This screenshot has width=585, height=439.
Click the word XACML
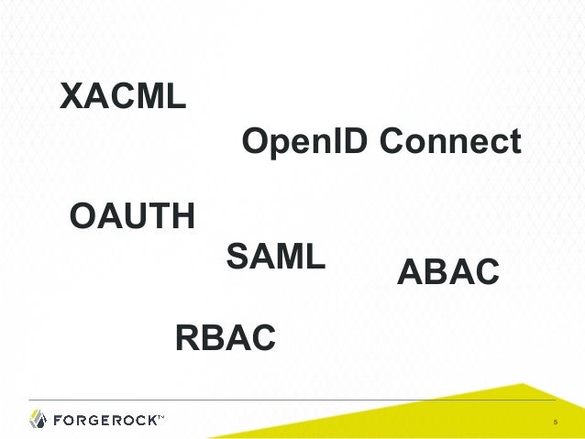[123, 95]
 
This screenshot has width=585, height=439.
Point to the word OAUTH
[132, 218]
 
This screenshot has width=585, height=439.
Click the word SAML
[275, 257]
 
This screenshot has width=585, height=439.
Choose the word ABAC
[447, 273]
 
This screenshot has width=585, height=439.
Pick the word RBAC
[225, 338]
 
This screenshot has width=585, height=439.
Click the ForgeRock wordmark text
[105, 421]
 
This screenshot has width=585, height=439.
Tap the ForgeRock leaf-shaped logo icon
[38, 420]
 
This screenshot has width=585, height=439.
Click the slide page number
[555, 423]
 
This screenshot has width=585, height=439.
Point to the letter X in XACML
[72, 95]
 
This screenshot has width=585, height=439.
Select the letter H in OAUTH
[182, 218]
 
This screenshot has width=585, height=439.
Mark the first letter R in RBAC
[186, 338]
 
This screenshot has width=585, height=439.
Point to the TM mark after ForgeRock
[160, 417]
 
